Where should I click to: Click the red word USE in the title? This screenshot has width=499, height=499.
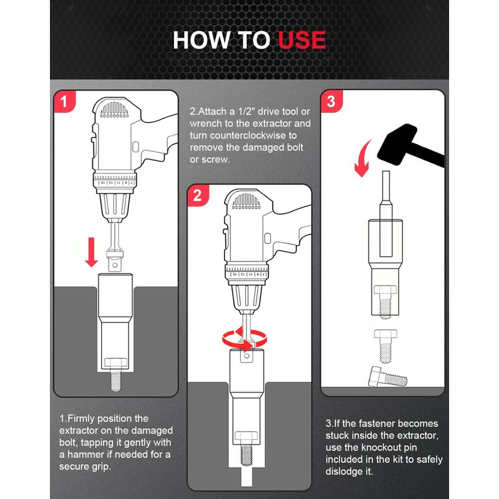pyautogui.click(x=302, y=40)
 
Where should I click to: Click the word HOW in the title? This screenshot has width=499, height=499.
pyautogui.click(x=201, y=40)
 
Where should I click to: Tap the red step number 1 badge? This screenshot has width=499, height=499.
pyautogui.click(x=65, y=102)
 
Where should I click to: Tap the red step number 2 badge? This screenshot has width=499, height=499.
pyautogui.click(x=198, y=195)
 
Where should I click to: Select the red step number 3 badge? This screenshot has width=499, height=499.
pyautogui.click(x=331, y=101)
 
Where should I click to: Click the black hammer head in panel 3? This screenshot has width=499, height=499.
pyautogui.click(x=397, y=144)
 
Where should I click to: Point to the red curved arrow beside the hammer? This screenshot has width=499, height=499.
pyautogui.click(x=363, y=158)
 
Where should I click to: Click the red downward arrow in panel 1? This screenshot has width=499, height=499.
pyautogui.click(x=92, y=252)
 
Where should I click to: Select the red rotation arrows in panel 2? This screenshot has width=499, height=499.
pyautogui.click(x=245, y=339)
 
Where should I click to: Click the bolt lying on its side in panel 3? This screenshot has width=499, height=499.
pyautogui.click(x=387, y=377)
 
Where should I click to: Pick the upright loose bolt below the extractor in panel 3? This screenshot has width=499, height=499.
pyautogui.click(x=385, y=346)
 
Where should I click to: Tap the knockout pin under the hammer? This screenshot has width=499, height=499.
pyautogui.click(x=385, y=213)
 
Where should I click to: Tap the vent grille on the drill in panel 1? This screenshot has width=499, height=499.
pyautogui.click(x=115, y=110)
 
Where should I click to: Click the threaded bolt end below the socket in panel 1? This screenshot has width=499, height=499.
pyautogui.click(x=115, y=382)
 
